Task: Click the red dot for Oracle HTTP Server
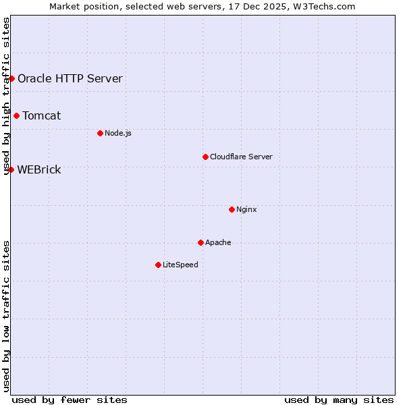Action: pos(11,78)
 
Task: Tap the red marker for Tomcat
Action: pos(16,115)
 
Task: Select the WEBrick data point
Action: pos(11,169)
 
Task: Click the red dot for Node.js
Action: pos(100,133)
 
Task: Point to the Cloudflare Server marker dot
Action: pos(205,157)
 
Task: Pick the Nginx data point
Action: pos(232,209)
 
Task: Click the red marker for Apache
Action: pos(200,242)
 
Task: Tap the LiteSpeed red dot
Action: pos(158,265)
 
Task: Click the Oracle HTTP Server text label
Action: pos(70,78)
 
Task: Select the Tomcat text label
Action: pos(42,115)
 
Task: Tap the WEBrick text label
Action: pos(39,169)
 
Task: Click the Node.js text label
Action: pos(118,133)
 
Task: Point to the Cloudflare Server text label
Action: pos(241,157)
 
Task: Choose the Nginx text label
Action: pos(246,209)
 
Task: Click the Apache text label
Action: pos(218,242)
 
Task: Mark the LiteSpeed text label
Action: pos(180,265)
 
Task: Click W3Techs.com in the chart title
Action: pos(327,6)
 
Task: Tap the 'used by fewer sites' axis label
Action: pos(70,400)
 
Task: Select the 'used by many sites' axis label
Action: pos(339,400)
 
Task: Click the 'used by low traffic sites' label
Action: pos(6,316)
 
